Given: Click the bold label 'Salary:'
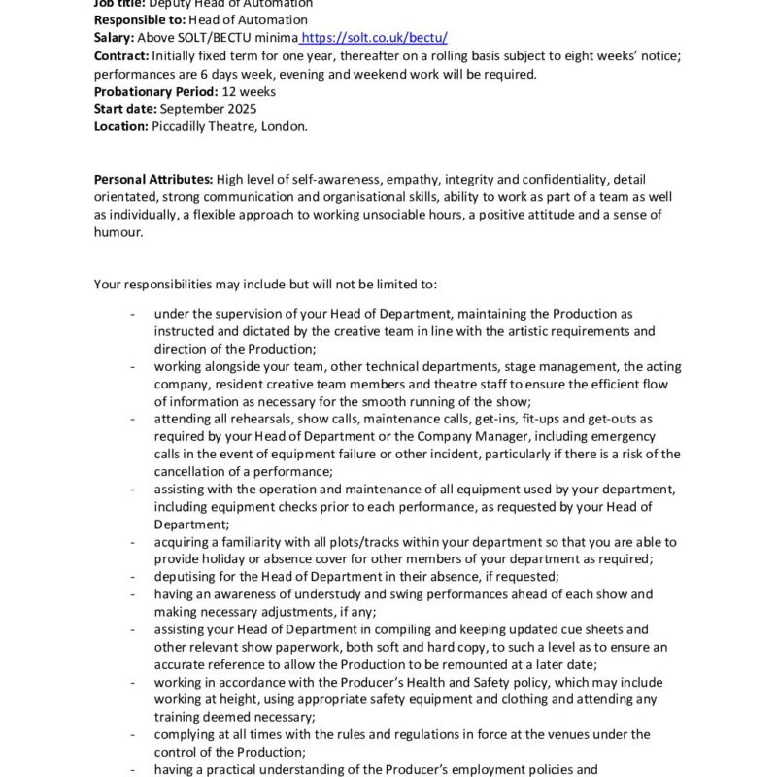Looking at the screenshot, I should point(116,38).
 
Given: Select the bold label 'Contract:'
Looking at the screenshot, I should point(121,56).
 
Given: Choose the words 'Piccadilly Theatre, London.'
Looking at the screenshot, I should point(229,126).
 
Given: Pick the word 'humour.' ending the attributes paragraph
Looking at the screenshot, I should point(118,232).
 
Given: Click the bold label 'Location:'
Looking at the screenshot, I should point(121,126).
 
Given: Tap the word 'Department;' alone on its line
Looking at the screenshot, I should point(187,524).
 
